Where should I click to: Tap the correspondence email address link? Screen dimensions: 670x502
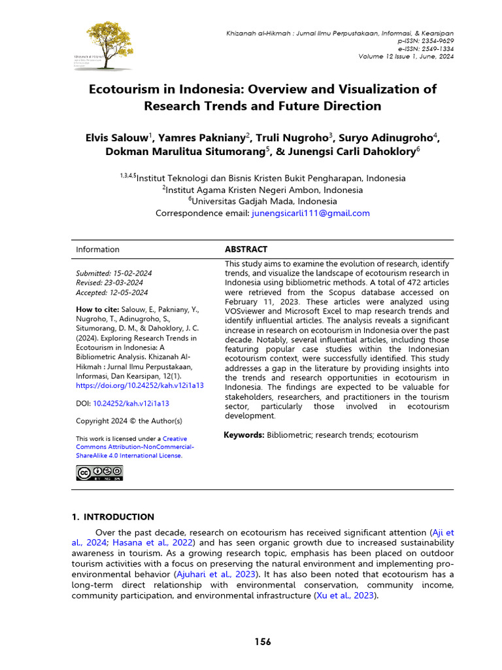tap(310, 213)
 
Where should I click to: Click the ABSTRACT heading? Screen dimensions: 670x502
tap(246, 249)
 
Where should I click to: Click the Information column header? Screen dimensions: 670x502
tap(97, 249)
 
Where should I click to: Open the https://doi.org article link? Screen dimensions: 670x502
tap(140, 385)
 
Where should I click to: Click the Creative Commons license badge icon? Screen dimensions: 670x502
tap(99, 473)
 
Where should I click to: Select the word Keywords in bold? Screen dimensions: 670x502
tap(244, 435)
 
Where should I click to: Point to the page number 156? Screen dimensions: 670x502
tap(263, 642)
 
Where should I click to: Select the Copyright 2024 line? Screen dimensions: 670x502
tap(129, 421)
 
